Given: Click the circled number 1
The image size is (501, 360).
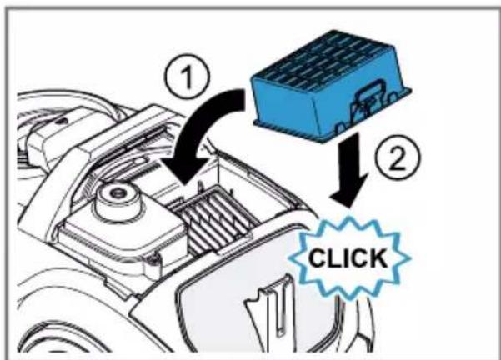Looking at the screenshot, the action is point(187,77).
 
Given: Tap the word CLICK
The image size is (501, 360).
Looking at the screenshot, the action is point(348,257).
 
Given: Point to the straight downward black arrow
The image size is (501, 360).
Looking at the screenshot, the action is point(351,169).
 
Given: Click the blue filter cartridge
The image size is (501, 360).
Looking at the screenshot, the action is point(331,87).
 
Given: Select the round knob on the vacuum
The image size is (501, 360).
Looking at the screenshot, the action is point(118,198).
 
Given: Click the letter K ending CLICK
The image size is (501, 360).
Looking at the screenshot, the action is point(378,257).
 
